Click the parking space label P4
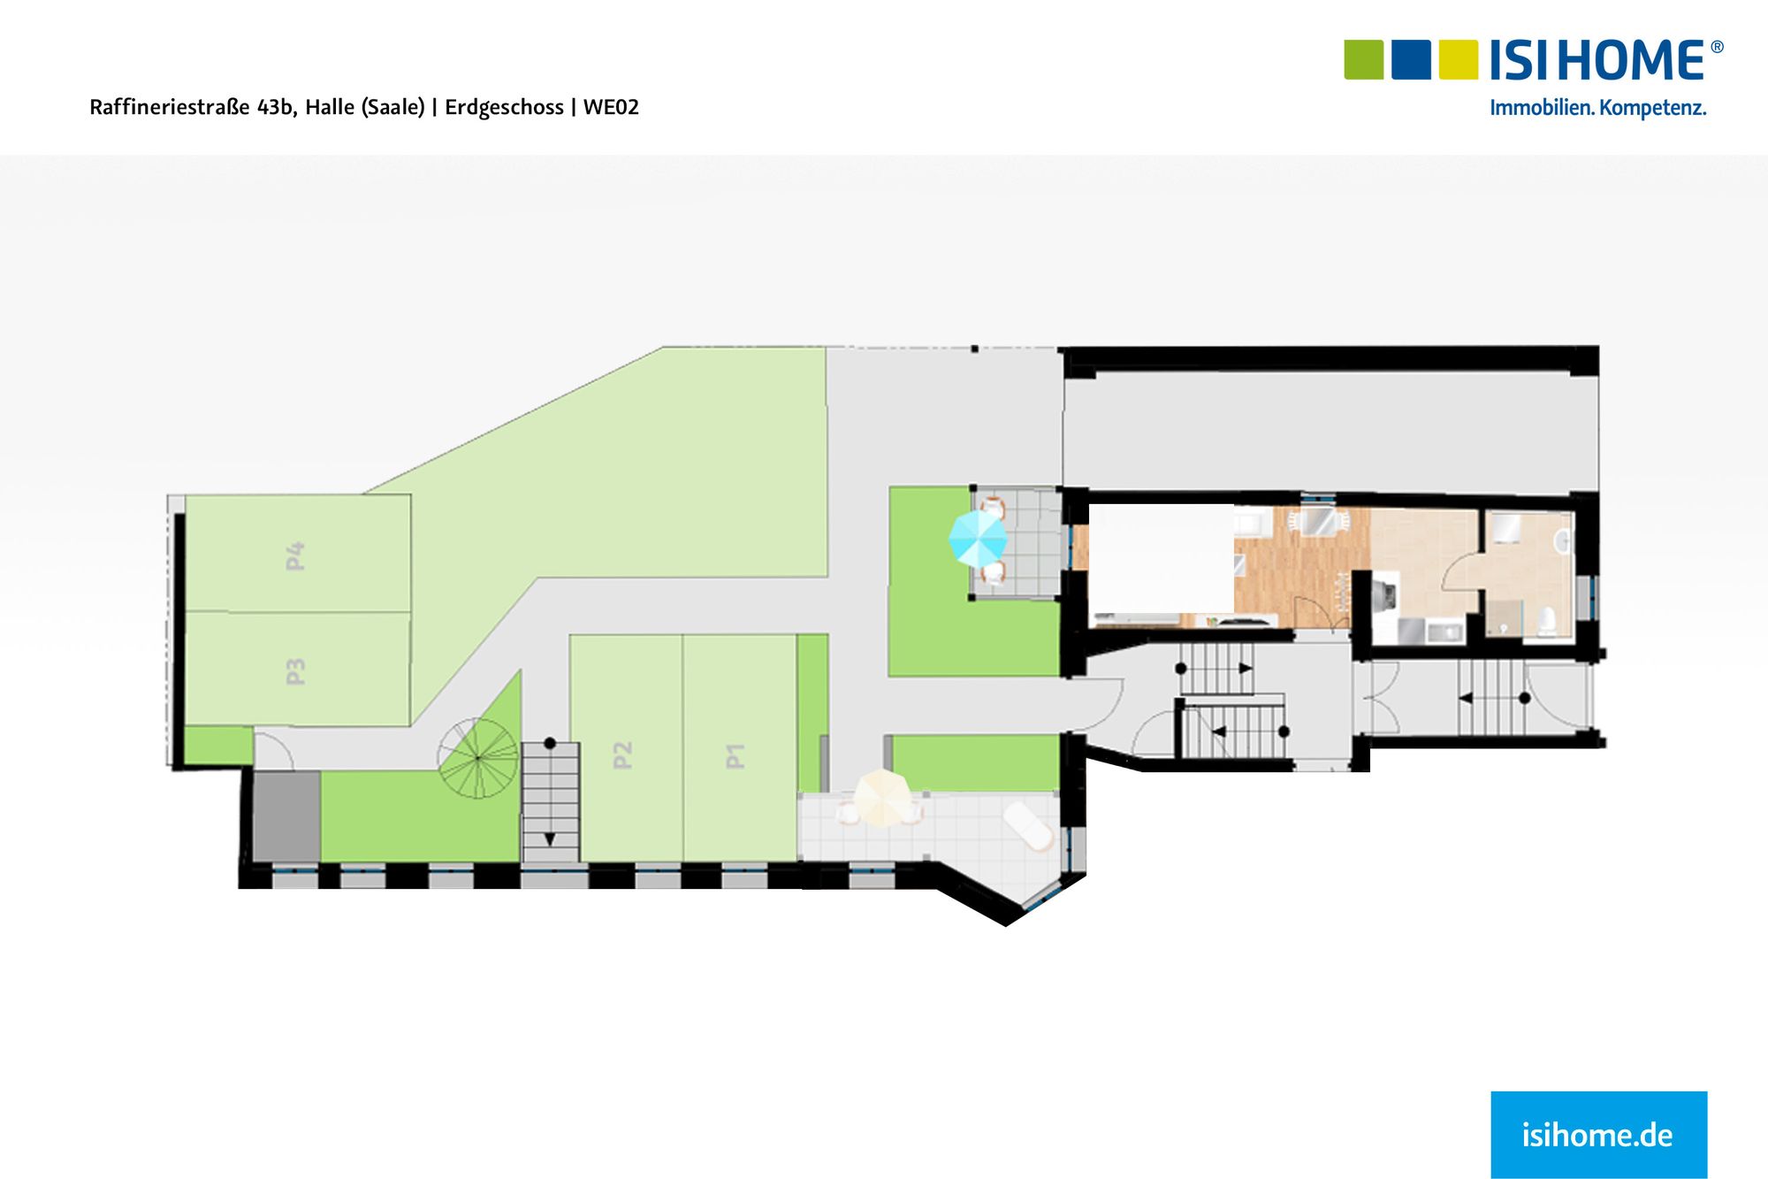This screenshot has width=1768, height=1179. tap(295, 555)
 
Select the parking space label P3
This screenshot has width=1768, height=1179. tap(295, 671)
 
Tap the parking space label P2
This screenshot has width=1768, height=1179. tap(622, 754)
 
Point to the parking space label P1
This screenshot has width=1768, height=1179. tap(735, 755)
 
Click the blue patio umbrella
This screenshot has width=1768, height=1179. tap(977, 538)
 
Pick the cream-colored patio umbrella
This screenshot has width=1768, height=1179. tap(880, 798)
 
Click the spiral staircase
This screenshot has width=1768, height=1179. tap(478, 758)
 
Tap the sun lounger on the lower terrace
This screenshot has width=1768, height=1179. tap(1028, 826)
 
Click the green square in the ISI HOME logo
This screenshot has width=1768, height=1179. tap(1363, 59)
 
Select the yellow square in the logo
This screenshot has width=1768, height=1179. tap(1458, 59)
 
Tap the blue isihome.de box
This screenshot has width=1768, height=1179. tap(1598, 1134)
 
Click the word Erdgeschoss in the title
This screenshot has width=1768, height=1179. tap(504, 108)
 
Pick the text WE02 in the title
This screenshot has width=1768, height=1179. tap(611, 108)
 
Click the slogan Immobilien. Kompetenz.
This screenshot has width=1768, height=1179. tap(1597, 109)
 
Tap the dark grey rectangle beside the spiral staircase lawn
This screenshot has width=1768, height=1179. tap(286, 815)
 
